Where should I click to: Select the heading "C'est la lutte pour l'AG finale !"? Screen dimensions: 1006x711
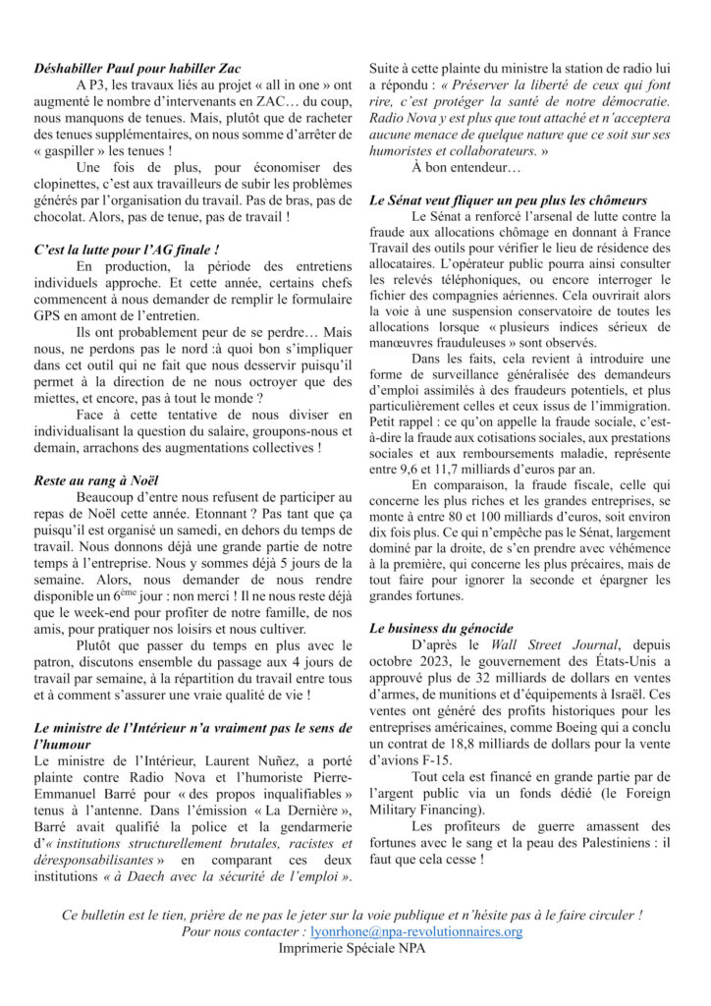(x=126, y=251)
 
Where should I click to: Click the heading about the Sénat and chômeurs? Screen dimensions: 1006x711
(x=508, y=200)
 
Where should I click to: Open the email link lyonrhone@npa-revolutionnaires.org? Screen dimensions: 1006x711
(x=414, y=930)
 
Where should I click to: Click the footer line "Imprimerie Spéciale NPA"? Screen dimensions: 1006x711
(x=355, y=947)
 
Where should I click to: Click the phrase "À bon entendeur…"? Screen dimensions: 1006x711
(x=459, y=168)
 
